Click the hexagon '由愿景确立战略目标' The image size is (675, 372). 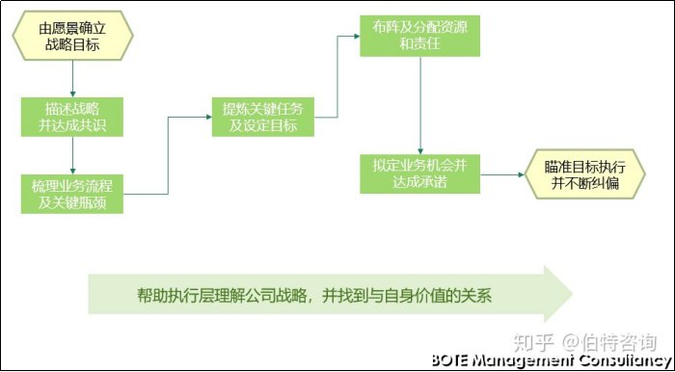tap(72, 36)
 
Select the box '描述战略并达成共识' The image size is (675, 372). tap(72, 115)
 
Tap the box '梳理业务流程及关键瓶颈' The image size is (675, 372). tap(72, 192)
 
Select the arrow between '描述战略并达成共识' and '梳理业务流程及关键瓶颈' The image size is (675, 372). tap(72, 153)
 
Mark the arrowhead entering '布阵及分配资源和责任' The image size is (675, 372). tap(355, 37)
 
